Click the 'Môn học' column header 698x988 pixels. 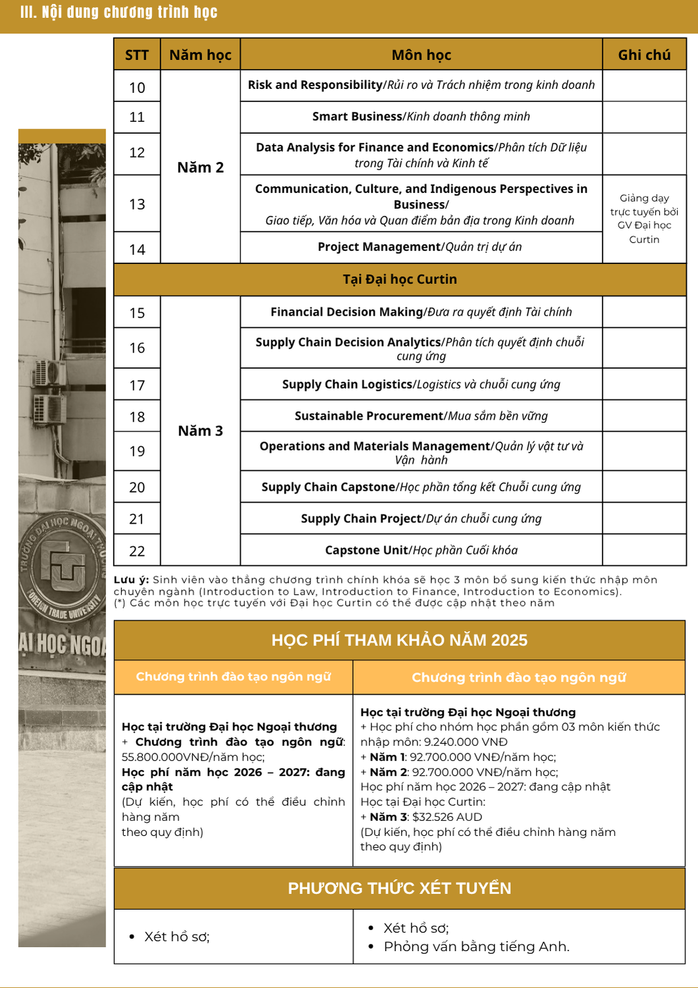coord(421,55)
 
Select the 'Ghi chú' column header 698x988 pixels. coord(644,55)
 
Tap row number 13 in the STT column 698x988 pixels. coord(137,204)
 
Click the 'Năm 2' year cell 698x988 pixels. coord(200,167)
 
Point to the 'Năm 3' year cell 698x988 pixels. coord(200,431)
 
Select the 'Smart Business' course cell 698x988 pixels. coord(421,117)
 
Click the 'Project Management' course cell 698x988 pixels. coord(420,247)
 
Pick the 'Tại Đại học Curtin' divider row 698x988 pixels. coord(400,279)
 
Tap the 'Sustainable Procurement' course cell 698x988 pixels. coord(421,416)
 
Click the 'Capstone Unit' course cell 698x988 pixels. coord(421,550)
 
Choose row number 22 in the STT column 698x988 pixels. coord(137,551)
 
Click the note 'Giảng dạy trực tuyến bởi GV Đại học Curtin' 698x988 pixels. coord(644,218)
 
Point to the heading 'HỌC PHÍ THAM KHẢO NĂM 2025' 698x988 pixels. coord(399,640)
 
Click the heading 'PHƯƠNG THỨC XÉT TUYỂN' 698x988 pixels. coord(399,889)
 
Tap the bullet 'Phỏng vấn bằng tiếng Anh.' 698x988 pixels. coord(476,947)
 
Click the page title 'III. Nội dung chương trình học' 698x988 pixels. coord(119,13)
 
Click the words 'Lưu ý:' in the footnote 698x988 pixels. coord(132,580)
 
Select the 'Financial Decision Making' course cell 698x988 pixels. coord(421,312)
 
